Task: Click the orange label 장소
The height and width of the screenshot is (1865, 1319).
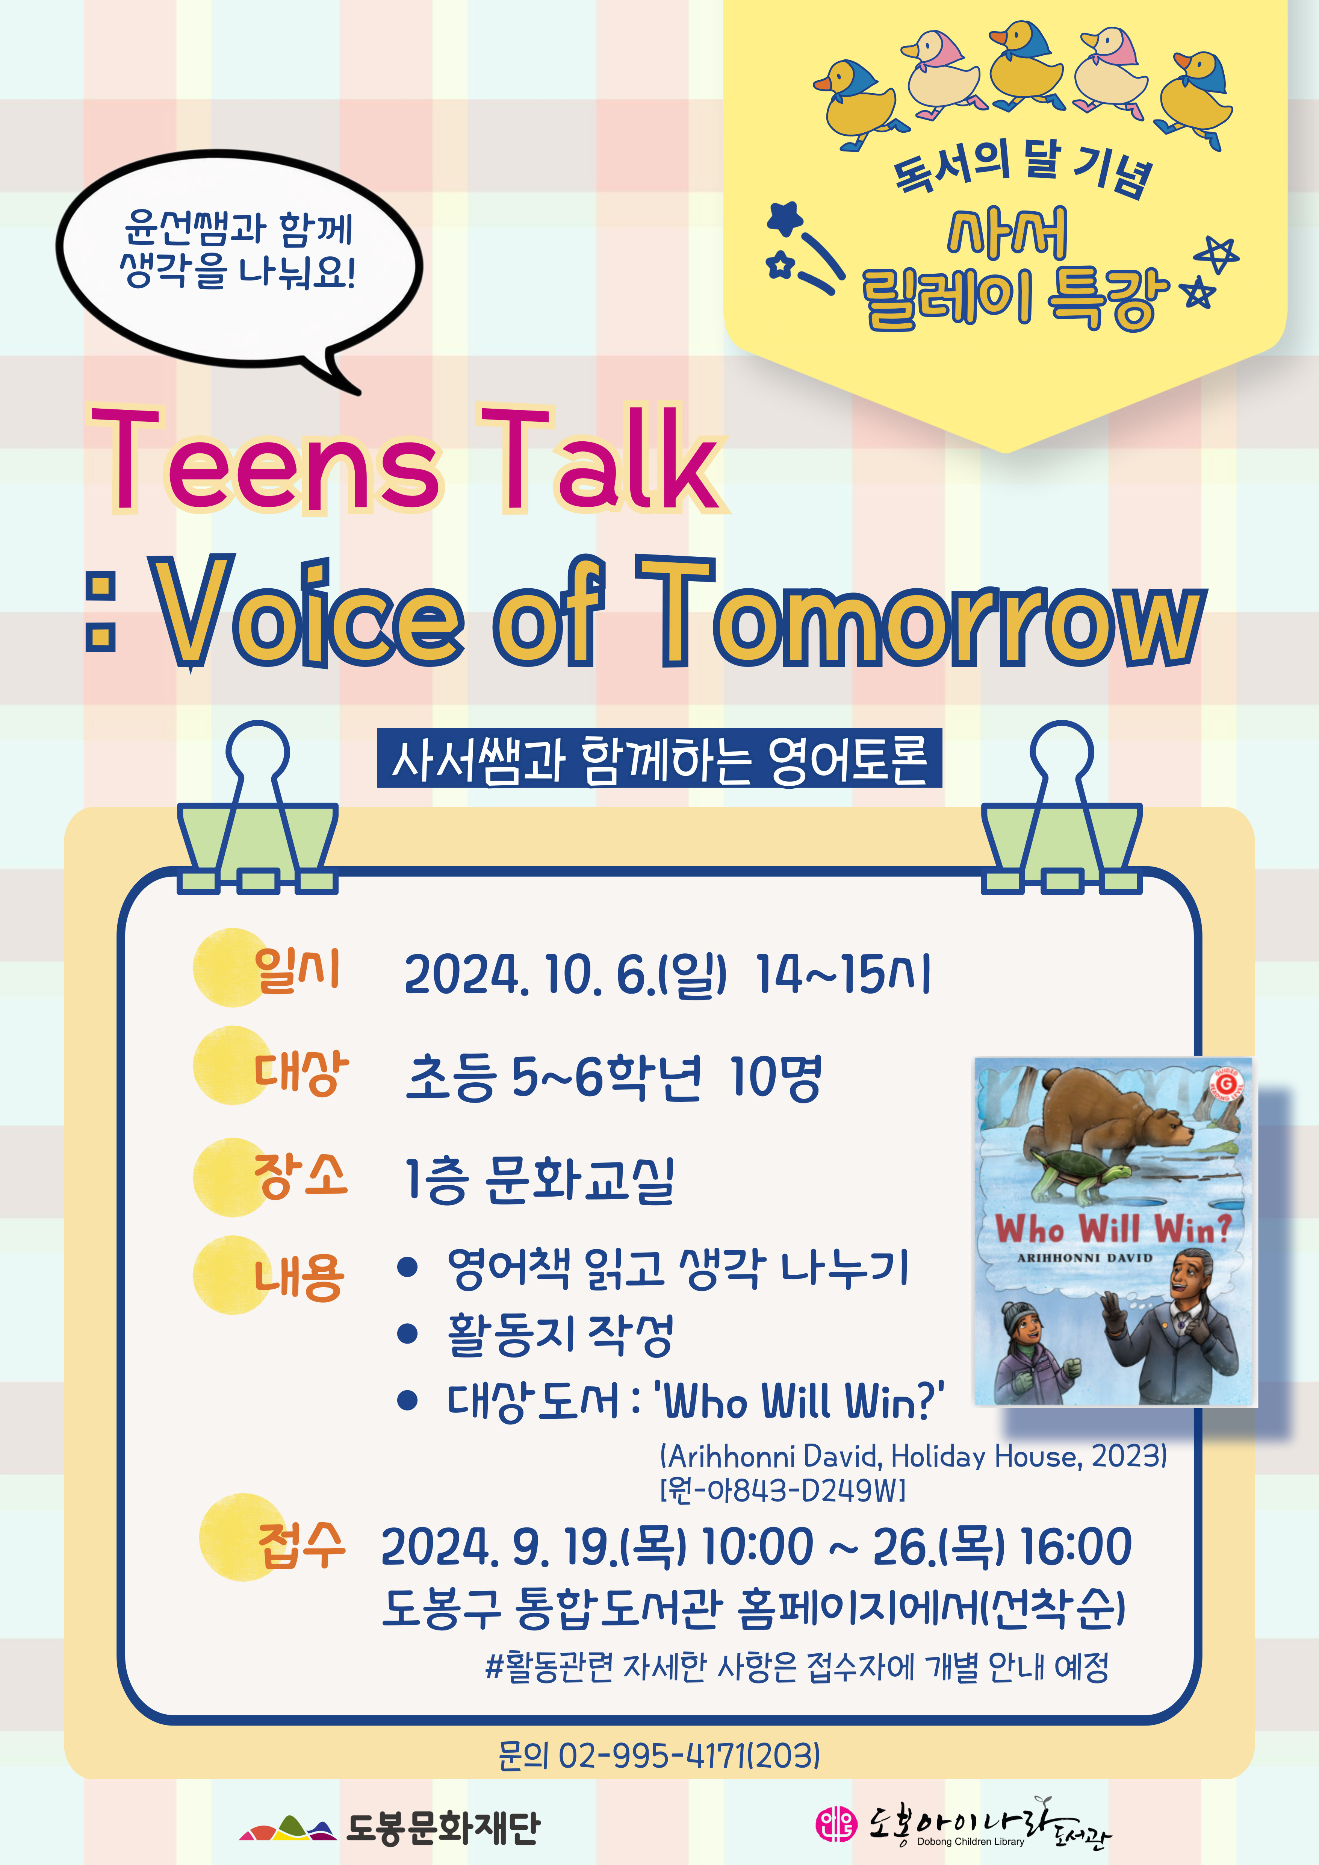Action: pyautogui.click(x=301, y=1176)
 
